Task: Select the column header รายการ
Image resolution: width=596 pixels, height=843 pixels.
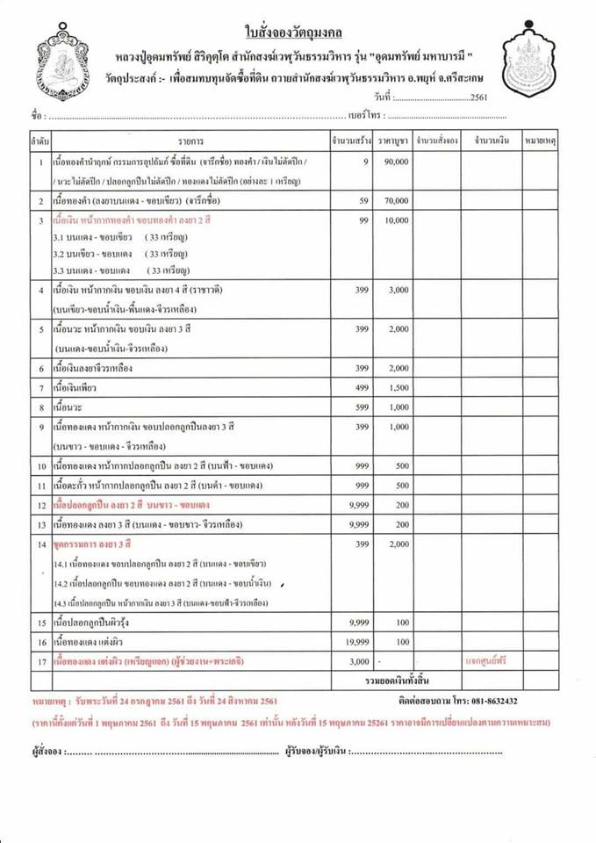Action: point(190,140)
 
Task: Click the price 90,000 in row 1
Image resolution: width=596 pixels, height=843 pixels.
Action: point(396,162)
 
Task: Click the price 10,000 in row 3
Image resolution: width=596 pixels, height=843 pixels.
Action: point(396,221)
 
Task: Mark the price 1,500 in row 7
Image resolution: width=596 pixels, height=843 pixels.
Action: point(398,386)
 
